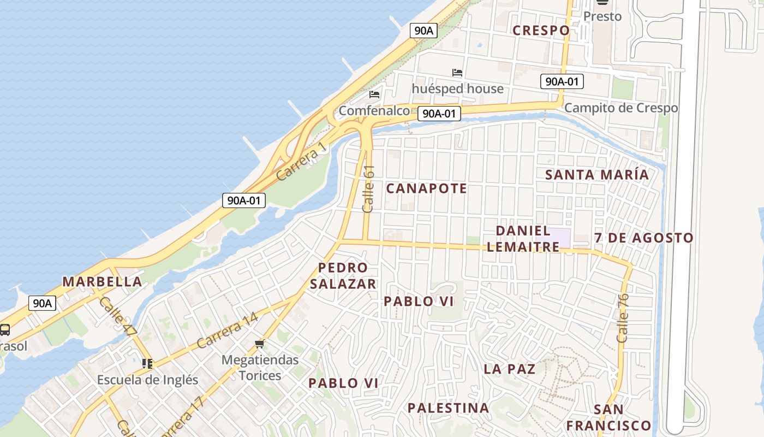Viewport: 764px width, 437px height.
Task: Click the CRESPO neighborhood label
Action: coord(541,31)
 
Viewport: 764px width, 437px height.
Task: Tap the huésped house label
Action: coord(457,88)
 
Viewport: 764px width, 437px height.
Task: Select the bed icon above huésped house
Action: coord(457,72)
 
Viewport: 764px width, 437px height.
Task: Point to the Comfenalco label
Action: coord(374,111)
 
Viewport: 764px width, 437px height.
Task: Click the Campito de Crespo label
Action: coord(620,108)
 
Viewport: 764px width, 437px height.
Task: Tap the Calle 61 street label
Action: coord(369,189)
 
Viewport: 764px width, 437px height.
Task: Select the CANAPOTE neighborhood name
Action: coord(426,188)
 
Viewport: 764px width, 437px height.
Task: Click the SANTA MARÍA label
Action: coord(597,175)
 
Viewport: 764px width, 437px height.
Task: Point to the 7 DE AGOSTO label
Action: coord(643,238)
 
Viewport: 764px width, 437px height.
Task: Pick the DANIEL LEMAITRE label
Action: coord(523,239)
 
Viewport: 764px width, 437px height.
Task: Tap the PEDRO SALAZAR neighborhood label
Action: coord(343,276)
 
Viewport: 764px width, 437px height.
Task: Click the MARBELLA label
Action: coord(102,282)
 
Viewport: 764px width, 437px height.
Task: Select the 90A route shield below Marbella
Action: coord(42,303)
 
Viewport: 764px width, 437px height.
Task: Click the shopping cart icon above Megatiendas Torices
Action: coord(260,344)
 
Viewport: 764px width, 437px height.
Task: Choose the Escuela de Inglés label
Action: coord(147,380)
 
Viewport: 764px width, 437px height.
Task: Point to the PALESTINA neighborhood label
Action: coord(448,408)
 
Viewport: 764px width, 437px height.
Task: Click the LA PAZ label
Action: coord(509,369)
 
